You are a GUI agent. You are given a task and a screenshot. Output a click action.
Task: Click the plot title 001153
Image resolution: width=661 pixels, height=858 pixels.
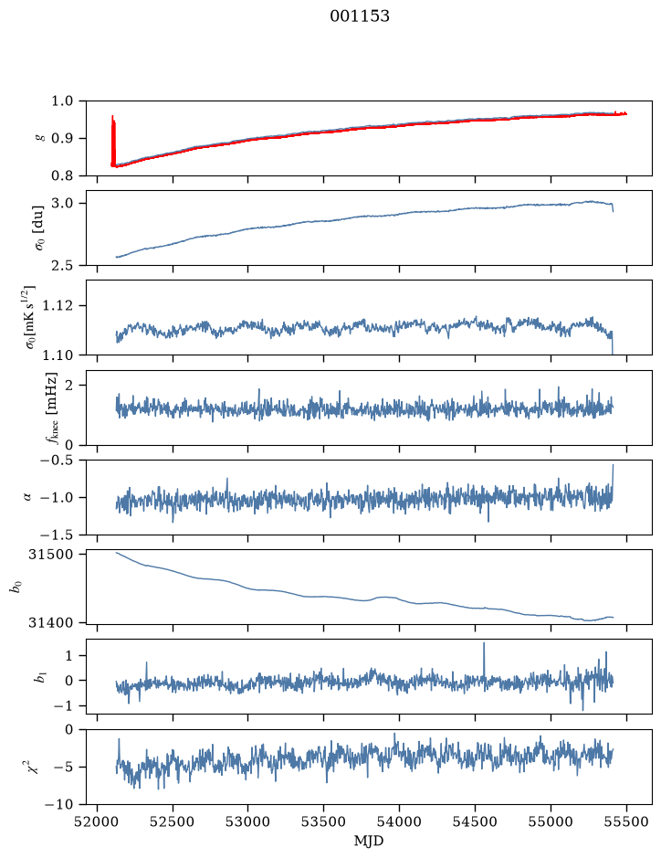point(359,16)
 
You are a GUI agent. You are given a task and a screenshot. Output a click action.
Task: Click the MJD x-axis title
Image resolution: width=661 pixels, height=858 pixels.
point(369,841)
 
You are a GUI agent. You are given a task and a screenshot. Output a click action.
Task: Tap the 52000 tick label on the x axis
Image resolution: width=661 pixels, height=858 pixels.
point(98,821)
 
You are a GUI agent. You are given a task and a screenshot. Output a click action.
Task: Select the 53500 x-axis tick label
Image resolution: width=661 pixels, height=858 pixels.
point(324,821)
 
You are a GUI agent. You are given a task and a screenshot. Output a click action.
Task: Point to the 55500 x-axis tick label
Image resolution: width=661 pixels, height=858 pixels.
point(626,821)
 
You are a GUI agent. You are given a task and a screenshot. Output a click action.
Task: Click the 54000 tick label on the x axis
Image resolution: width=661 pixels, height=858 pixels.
point(399,821)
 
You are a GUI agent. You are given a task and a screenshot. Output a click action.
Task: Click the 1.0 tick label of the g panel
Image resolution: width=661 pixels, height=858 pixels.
point(62,101)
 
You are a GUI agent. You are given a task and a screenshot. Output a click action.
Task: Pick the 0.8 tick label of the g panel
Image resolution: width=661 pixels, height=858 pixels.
point(62,175)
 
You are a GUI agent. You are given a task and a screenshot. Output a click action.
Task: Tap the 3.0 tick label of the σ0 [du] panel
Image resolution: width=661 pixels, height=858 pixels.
point(62,203)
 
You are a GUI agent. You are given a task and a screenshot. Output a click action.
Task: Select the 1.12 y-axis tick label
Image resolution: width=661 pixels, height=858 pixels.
point(58,305)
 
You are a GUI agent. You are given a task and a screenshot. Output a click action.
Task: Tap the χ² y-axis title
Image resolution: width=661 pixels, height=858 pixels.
point(34,767)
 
